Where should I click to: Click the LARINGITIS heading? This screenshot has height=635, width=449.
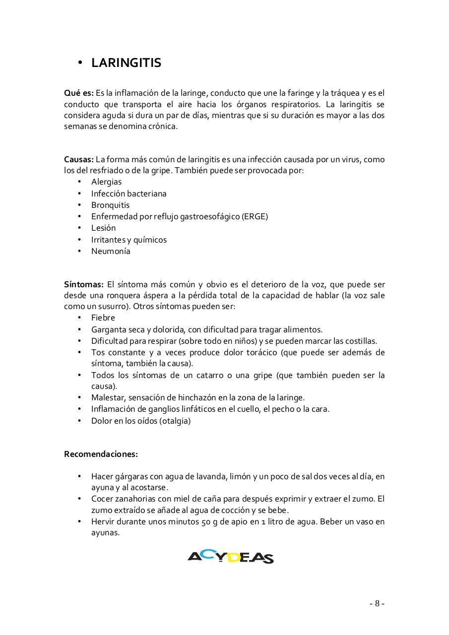tap(126, 63)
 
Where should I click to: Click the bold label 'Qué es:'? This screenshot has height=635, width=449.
tap(79, 93)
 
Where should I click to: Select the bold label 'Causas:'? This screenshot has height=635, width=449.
tap(78, 159)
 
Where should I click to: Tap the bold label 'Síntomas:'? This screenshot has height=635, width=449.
tap(83, 284)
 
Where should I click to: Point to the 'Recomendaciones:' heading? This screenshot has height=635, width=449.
tap(101, 453)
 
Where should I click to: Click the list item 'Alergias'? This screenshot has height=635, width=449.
tap(106, 182)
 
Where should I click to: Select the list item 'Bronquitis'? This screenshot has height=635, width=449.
tap(110, 205)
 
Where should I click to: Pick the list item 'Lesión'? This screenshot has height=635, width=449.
tap(103, 228)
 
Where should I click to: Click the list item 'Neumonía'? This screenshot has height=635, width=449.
tap(111, 251)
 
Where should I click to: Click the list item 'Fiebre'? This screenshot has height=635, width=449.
tap(103, 317)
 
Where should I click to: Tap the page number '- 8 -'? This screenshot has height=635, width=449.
tap(377, 603)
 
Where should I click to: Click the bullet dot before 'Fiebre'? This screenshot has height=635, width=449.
tap(79, 317)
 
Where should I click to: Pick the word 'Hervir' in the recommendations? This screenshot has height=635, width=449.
tap(103, 521)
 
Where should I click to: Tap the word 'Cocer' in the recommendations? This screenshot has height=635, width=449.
tap(102, 499)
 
